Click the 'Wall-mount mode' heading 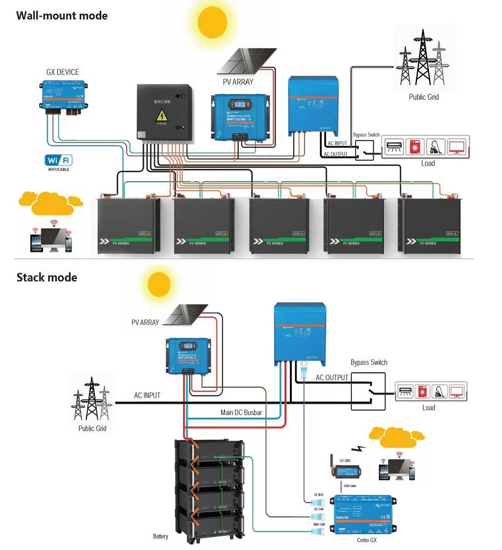[x=62, y=15]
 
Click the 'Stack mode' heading [x=47, y=277]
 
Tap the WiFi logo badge [x=59, y=160]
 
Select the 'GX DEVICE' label [x=62, y=72]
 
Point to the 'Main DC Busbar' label [x=241, y=412]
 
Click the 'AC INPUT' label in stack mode [x=147, y=395]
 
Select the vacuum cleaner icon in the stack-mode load [x=439, y=392]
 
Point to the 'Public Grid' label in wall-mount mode [x=423, y=97]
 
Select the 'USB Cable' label [x=349, y=486]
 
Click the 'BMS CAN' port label [x=319, y=524]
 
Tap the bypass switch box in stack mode [x=368, y=391]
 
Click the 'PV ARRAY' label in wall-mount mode [x=238, y=82]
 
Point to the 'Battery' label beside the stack [x=160, y=536]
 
